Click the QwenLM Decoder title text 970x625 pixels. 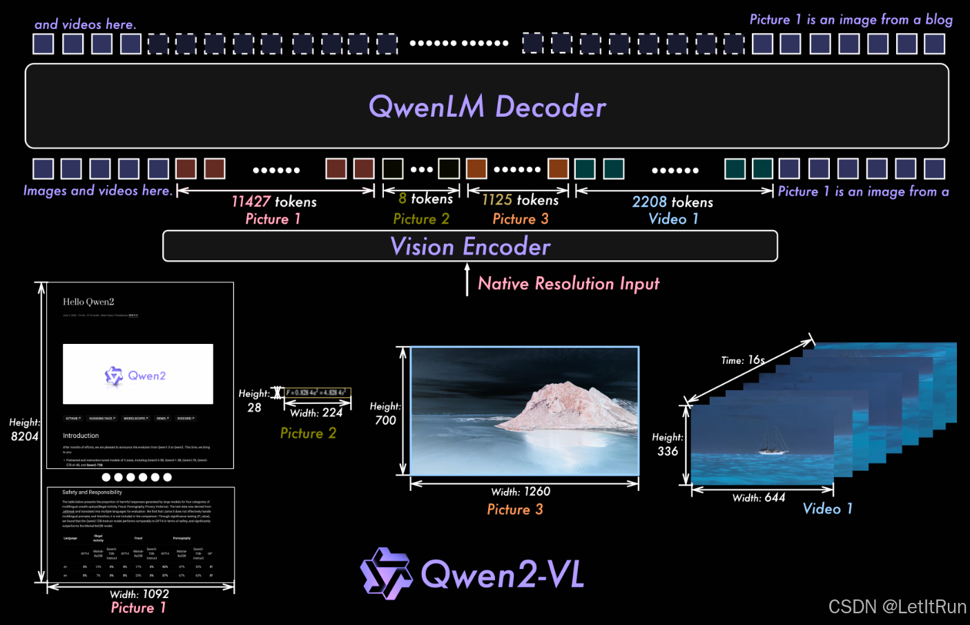(487, 107)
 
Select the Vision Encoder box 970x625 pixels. (470, 247)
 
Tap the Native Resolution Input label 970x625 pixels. (568, 284)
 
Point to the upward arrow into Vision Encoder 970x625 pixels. (467, 279)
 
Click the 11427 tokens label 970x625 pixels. (274, 202)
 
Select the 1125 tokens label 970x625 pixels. (520, 200)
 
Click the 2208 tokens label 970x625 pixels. (672, 202)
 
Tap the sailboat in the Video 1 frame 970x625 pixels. (773, 444)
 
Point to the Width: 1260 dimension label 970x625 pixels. (521, 492)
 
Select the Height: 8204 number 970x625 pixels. (25, 436)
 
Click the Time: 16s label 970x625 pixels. (743, 360)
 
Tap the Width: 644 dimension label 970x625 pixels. (759, 498)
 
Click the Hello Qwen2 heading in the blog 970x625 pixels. (88, 302)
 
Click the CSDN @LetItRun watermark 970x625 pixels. (897, 607)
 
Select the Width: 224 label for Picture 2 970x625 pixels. (316, 413)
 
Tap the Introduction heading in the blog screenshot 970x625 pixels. (81, 436)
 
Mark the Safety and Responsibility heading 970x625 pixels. (92, 492)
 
